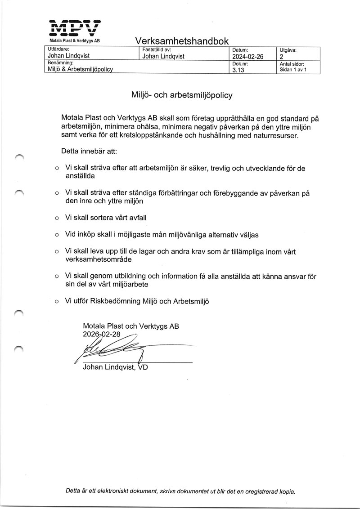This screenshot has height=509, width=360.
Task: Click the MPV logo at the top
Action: [x=75, y=28]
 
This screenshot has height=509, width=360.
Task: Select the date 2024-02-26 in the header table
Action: [x=247, y=57]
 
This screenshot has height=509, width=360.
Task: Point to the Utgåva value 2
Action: [x=282, y=57]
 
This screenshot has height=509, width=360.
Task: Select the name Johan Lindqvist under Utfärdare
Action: [x=69, y=56]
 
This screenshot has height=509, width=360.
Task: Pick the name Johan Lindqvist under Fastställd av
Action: [x=163, y=56]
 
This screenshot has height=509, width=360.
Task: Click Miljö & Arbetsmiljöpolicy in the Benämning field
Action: [x=80, y=69]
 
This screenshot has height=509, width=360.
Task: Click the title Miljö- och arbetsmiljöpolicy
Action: [x=181, y=95]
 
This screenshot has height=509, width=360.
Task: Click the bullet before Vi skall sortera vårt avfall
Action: [x=57, y=218]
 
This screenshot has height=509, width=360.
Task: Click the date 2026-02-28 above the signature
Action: [x=102, y=335]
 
